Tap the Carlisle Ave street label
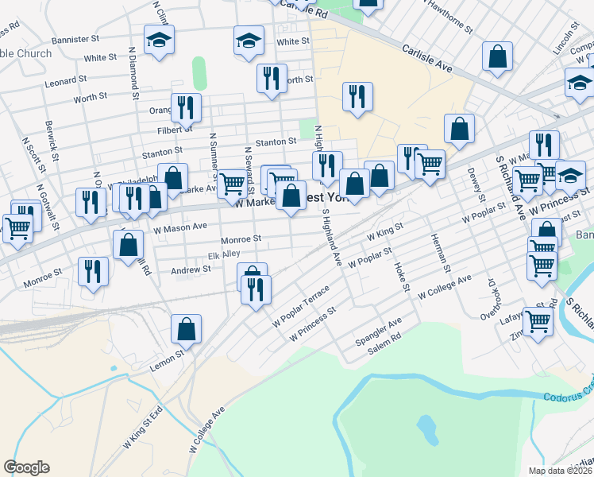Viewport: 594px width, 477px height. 427,59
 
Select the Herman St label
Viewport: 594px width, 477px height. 440,258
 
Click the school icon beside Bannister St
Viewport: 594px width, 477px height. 159,40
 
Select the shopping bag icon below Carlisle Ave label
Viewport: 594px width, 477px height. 497,57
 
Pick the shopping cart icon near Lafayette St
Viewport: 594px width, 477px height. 538,322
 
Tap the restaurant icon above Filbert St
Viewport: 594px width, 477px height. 186,107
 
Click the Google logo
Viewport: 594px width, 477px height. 26,467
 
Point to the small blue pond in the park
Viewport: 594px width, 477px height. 428,430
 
